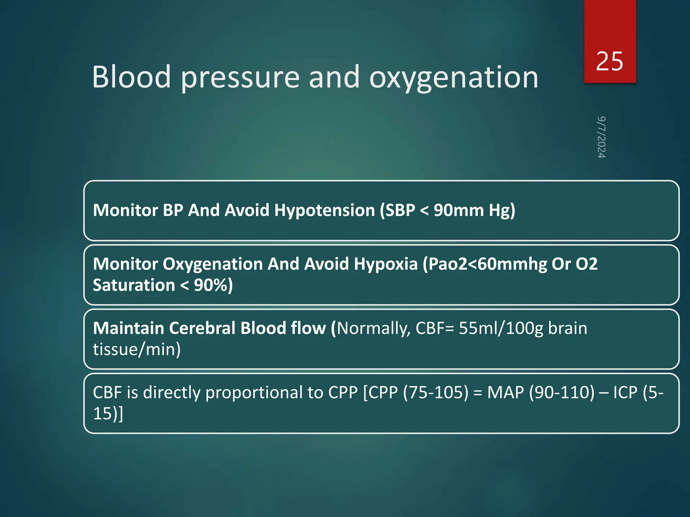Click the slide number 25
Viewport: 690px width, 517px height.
point(609,62)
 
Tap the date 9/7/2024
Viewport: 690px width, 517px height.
point(601,137)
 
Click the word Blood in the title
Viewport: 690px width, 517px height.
point(131,77)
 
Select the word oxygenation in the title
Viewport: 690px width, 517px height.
point(453,78)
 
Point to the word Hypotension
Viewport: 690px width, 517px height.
point(324,210)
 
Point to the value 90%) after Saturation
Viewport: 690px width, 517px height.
point(213,285)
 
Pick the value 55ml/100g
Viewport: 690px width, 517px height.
point(501,328)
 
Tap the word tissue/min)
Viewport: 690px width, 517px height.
point(137,349)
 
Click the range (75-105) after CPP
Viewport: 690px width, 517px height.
point(436,392)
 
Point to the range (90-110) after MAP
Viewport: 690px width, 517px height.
point(562,392)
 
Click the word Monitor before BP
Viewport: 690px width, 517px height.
point(125,210)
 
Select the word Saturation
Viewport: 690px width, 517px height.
point(134,285)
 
